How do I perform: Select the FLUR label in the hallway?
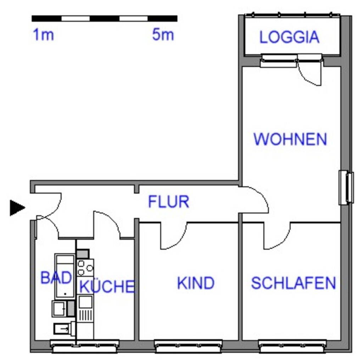[x=168, y=202]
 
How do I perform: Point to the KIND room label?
[x=196, y=283]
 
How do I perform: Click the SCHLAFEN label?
[x=293, y=283]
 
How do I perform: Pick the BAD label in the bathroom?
[x=56, y=277]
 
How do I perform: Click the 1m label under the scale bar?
[x=44, y=35]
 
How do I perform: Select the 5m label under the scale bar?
[x=163, y=35]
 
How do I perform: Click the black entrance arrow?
[x=17, y=208]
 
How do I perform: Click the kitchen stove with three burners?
[x=85, y=268]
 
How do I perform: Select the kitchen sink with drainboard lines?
[x=85, y=309]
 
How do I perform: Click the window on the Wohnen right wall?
[x=346, y=188]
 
